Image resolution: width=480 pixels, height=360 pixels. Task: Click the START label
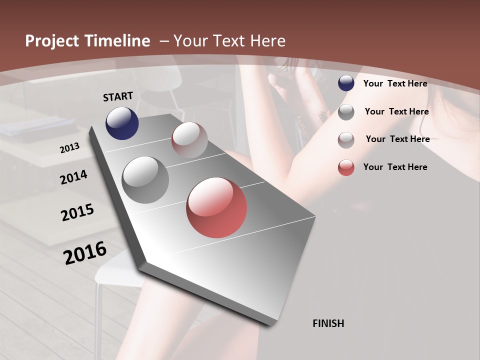pos(118,96)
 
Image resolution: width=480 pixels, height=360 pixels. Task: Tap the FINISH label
pos(328,323)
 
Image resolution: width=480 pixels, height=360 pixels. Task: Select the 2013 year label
pos(70,147)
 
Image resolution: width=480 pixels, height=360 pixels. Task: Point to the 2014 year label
pos(74,177)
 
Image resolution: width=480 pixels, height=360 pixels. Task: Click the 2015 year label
pos(77,212)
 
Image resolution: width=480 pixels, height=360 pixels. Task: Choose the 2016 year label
pos(85,252)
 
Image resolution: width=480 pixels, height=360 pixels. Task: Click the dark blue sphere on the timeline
pos(122,123)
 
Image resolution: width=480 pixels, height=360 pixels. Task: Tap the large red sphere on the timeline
pos(216,207)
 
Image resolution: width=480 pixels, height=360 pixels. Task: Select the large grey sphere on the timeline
pos(145,179)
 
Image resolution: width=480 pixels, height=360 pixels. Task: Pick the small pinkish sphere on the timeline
pos(189,139)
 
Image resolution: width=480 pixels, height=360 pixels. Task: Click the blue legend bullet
pos(346,83)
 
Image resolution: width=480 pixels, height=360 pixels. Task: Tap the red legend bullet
pos(346,167)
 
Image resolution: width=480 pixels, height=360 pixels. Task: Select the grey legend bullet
pos(346,112)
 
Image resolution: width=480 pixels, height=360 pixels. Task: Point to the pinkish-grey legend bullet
pos(346,140)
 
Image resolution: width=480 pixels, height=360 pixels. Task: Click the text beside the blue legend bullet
pos(395,83)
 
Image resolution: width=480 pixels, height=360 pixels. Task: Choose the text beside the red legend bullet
pos(395,167)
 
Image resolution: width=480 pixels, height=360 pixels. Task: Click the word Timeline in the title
pos(117,41)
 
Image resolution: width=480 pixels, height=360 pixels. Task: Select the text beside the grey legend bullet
pos(396,111)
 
